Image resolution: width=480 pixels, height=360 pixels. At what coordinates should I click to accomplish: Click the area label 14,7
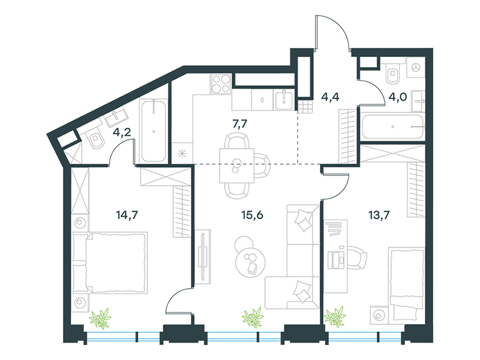coord(127,215)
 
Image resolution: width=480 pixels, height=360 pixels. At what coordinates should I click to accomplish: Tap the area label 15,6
coord(252,215)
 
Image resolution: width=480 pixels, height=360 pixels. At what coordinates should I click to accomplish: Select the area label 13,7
coord(379,215)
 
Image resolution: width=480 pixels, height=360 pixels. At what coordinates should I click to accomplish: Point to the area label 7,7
coord(239,124)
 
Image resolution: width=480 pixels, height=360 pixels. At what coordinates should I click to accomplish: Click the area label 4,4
coord(330,97)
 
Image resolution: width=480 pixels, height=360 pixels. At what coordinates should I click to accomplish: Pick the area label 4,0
coord(397,97)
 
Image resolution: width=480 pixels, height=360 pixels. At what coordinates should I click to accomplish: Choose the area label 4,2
coord(122,133)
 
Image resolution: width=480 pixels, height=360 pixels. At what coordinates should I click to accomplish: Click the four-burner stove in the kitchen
coord(221,84)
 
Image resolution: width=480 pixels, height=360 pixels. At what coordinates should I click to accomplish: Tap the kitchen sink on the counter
coord(284,100)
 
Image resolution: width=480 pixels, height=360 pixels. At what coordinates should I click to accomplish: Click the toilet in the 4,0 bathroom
coord(393,73)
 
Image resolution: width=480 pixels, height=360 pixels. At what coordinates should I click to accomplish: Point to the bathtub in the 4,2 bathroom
coord(154,130)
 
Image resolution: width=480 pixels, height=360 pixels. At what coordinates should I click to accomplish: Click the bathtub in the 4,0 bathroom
coord(392,127)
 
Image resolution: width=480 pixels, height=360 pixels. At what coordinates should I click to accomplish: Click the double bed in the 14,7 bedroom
coord(110,263)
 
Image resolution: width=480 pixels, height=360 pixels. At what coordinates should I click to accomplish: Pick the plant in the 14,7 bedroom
coord(100,318)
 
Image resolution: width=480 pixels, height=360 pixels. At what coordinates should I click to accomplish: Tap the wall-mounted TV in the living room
coord(202,257)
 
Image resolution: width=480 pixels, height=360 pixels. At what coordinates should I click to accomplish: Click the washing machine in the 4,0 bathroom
coord(416,68)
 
